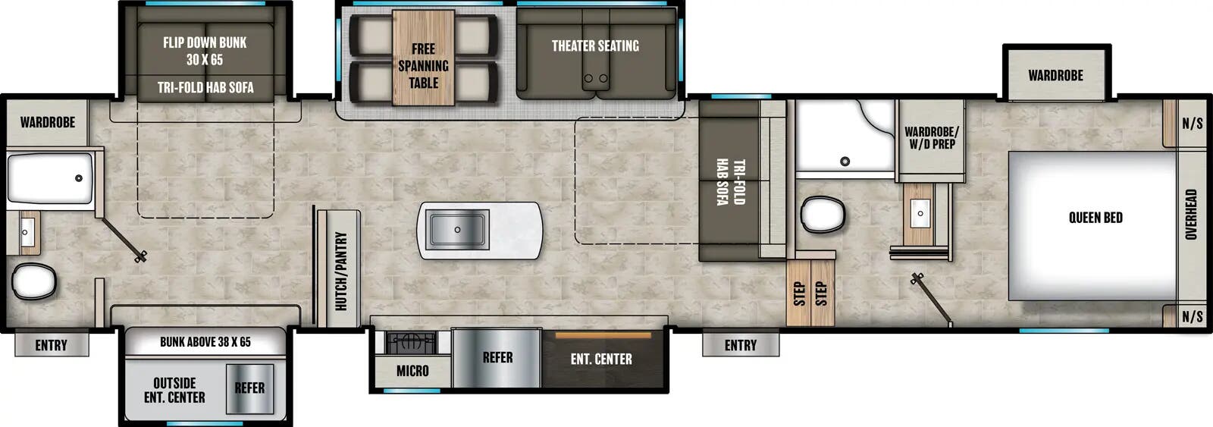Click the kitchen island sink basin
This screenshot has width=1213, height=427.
(457, 229)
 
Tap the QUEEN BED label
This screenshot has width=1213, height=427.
(1095, 218)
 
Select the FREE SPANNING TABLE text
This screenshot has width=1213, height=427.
(423, 66)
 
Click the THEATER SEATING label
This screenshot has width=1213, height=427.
(595, 46)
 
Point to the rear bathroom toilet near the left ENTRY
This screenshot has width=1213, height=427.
(34, 281)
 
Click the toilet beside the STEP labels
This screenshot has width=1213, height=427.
(823, 214)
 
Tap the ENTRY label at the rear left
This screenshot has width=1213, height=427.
(52, 345)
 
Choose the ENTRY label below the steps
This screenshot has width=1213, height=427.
(741, 345)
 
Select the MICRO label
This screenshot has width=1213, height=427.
(412, 371)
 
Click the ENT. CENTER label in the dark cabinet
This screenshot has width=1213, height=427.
(601, 359)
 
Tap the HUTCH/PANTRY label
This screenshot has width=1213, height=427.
(341, 271)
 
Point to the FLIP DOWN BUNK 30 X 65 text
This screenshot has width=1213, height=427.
(205, 51)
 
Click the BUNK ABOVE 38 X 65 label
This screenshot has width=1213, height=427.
(205, 342)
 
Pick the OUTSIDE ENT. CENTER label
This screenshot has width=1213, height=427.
(174, 390)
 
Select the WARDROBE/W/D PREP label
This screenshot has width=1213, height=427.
(931, 137)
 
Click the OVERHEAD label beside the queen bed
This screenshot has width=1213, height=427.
(1191, 215)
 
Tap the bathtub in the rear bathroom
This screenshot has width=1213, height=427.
(50, 178)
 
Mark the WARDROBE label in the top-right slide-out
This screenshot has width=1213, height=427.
(1055, 75)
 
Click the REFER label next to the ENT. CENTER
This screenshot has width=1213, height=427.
(497, 358)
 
